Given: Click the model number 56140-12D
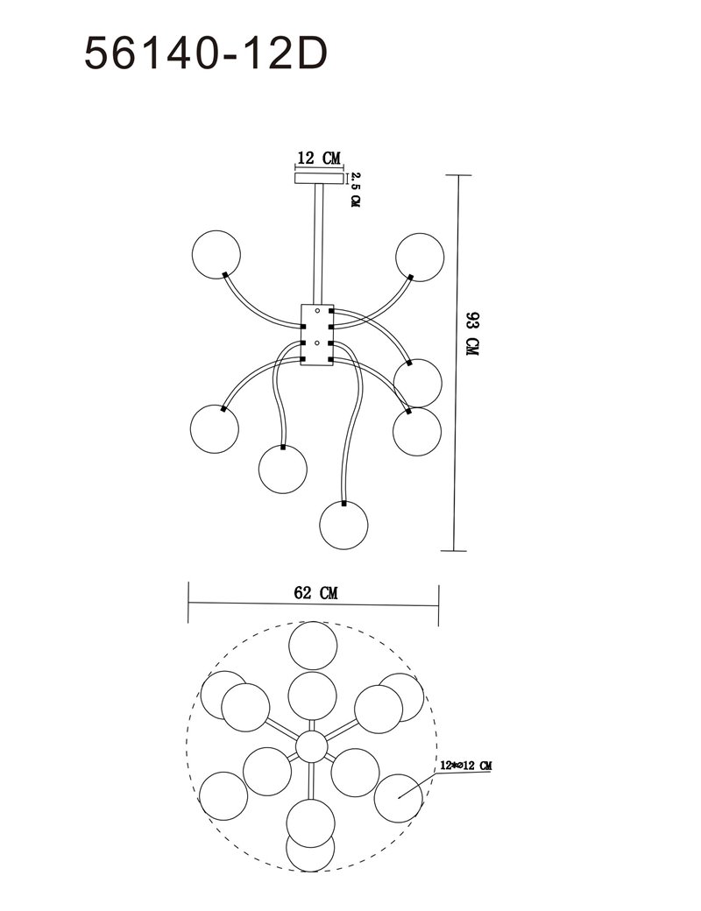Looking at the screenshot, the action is pyautogui.click(x=206, y=53).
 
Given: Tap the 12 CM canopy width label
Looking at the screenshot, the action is pyautogui.click(x=318, y=158).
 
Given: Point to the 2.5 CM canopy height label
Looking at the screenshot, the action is pyautogui.click(x=355, y=189).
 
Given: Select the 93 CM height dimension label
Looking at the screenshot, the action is pyautogui.click(x=471, y=334).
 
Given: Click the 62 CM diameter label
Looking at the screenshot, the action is pyautogui.click(x=315, y=593).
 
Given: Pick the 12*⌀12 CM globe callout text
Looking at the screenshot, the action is pyautogui.click(x=466, y=766).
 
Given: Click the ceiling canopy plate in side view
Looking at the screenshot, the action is pyautogui.click(x=317, y=178).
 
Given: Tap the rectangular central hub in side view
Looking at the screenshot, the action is pyautogui.click(x=317, y=335).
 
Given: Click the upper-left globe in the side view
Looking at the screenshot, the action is pyautogui.click(x=216, y=254).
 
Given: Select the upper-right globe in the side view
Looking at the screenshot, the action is pyautogui.click(x=420, y=257).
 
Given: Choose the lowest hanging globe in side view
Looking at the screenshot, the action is pyautogui.click(x=344, y=525).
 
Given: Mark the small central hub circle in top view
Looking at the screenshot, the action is pyautogui.click(x=312, y=747).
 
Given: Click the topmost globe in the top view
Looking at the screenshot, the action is pyautogui.click(x=314, y=646).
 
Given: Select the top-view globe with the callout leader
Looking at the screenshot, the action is pyautogui.click(x=398, y=798).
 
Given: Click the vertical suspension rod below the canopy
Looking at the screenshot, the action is pyautogui.click(x=318, y=244).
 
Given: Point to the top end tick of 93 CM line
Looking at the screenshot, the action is pyautogui.click(x=457, y=175).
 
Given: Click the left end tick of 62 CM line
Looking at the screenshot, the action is pyautogui.click(x=189, y=602).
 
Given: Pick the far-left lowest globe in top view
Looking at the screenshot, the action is pyautogui.click(x=223, y=796).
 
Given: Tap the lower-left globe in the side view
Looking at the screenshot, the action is pyautogui.click(x=215, y=428).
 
